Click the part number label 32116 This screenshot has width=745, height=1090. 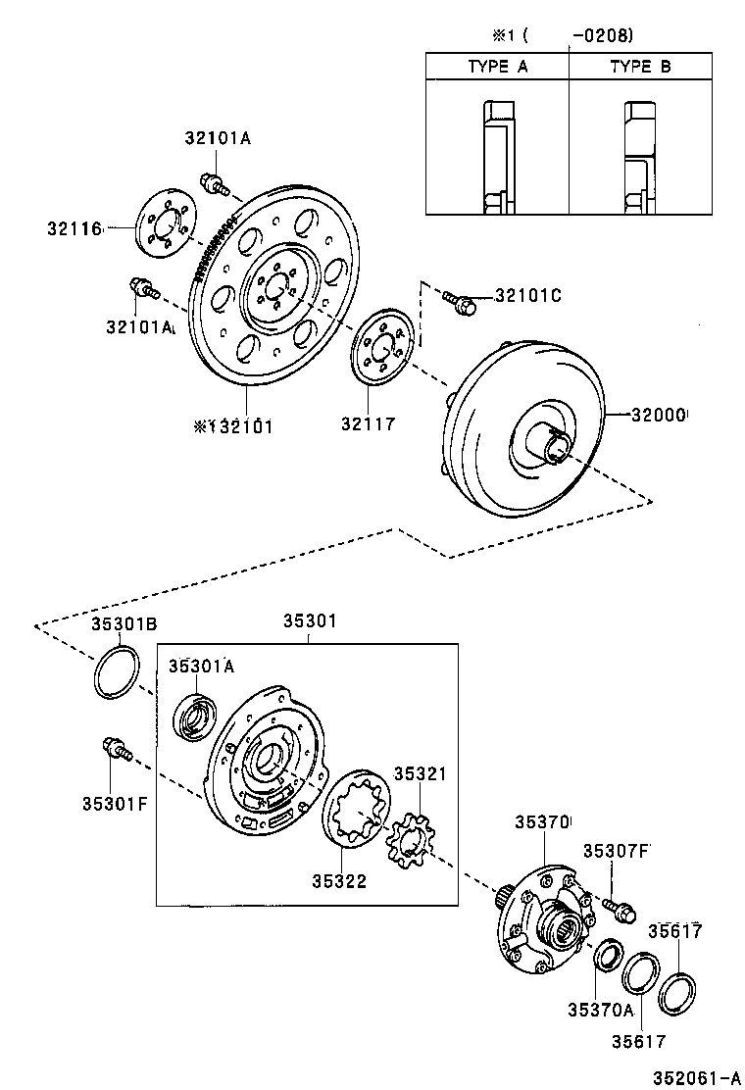point(74,228)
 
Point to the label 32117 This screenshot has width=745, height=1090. point(369,424)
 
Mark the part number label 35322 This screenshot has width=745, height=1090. point(339,881)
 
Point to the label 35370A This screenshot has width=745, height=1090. point(599,1008)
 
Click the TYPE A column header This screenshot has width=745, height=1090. point(498,67)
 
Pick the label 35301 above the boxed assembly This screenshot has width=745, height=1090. point(310,620)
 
